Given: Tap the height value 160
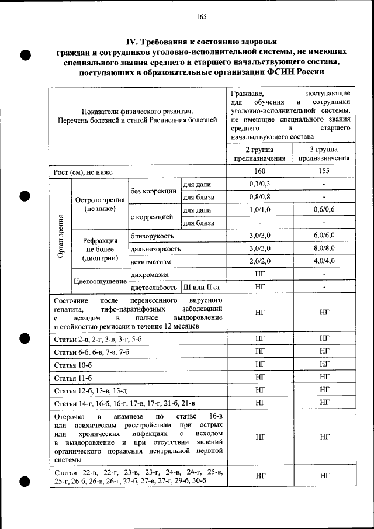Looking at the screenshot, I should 259,172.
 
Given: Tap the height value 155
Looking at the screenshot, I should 323,172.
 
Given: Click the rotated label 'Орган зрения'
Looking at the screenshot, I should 61,235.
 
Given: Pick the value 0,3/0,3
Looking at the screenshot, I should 259,185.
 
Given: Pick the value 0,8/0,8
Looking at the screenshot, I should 259,198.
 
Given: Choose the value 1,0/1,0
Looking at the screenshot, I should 259,210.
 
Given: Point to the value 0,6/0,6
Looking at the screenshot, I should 323,210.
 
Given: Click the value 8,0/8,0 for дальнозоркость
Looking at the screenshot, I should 323,248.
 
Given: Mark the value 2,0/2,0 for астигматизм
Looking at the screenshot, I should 259,261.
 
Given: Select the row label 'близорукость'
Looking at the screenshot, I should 152,236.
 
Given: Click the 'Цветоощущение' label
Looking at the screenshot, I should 100,281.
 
